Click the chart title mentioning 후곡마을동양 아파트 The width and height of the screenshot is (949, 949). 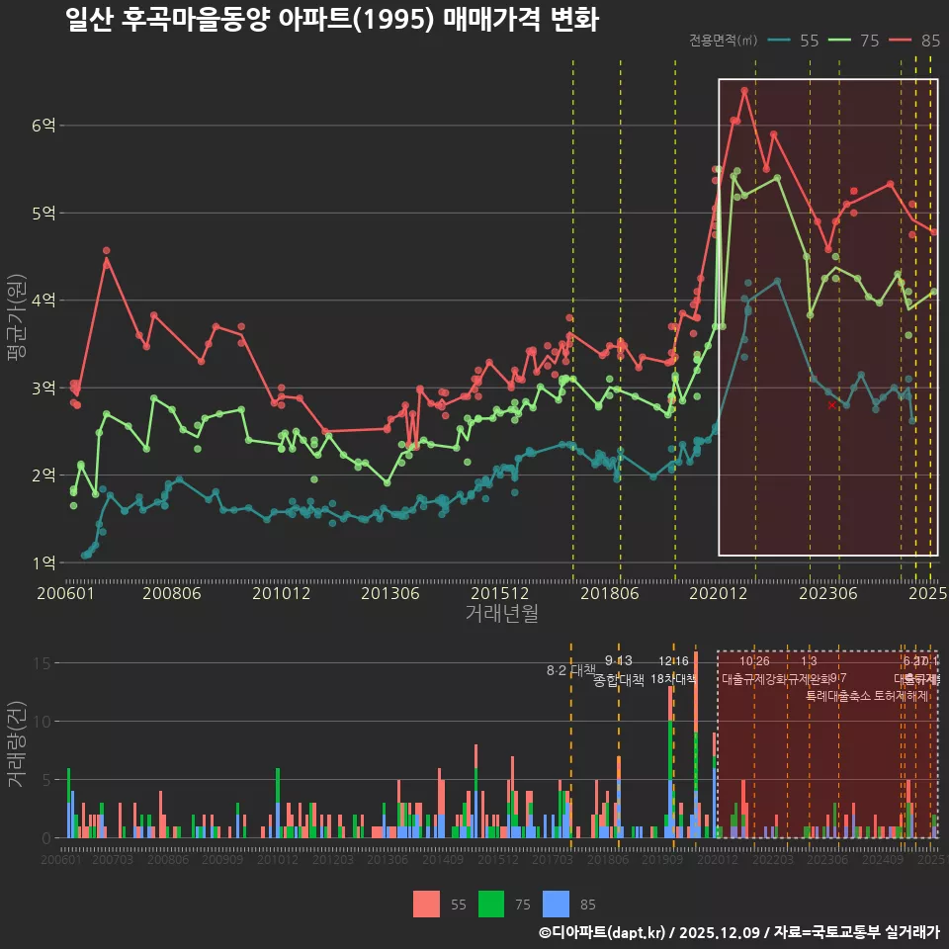pyautogui.click(x=331, y=20)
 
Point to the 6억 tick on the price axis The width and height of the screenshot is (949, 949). pyautogui.click(x=43, y=126)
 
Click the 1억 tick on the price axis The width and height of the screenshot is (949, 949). pyautogui.click(x=43, y=562)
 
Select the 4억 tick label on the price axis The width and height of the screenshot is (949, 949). pyautogui.click(x=43, y=301)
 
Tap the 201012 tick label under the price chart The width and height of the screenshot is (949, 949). pyautogui.click(x=282, y=594)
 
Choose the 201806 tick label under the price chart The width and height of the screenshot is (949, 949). pyautogui.click(x=609, y=594)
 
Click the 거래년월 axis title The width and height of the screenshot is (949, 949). pyautogui.click(x=501, y=614)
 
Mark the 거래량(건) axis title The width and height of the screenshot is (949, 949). pyautogui.click(x=17, y=744)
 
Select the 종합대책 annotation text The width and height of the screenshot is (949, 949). pyautogui.click(x=619, y=680)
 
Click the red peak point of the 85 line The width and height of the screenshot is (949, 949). pyautogui.click(x=744, y=91)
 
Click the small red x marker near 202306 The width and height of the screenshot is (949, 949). pyautogui.click(x=832, y=405)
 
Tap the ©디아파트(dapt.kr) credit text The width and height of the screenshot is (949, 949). pyautogui.click(x=603, y=932)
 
